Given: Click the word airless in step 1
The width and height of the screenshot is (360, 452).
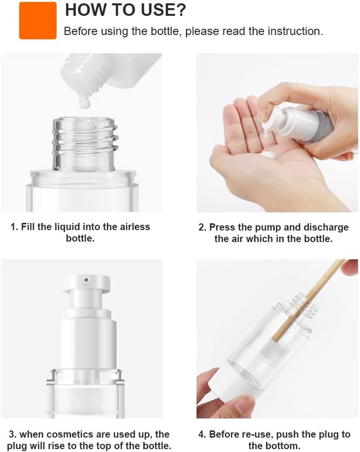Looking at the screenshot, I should pyautogui.click(x=133, y=226).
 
